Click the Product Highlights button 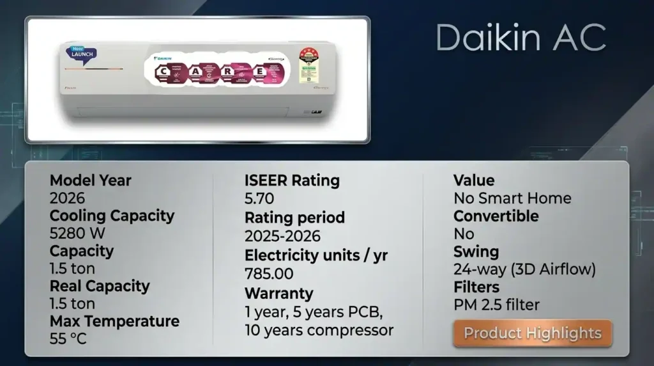[x=533, y=333]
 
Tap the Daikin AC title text [x=521, y=38]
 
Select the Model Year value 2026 [x=66, y=198]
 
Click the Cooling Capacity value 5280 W [x=77, y=233]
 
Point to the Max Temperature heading [x=114, y=321]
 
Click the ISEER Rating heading [x=292, y=180]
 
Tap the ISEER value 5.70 [x=260, y=198]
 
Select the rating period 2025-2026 [x=282, y=235]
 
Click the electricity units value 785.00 [x=269, y=274]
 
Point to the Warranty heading [x=278, y=294]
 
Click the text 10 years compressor [x=319, y=330]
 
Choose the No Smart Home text [x=512, y=198]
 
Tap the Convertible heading [x=496, y=216]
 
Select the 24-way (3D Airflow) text [x=524, y=269]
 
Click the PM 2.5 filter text [x=496, y=305]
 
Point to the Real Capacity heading [x=100, y=285]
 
